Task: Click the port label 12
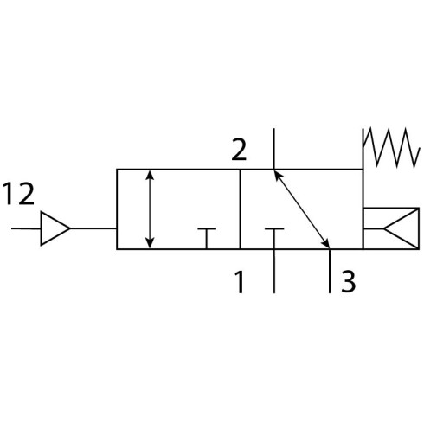click(x=19, y=194)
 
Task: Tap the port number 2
click(x=239, y=150)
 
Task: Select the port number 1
click(x=241, y=282)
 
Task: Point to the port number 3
click(x=348, y=281)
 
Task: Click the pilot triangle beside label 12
click(x=55, y=228)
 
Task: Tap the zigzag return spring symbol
click(x=391, y=147)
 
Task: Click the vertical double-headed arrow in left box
click(x=150, y=209)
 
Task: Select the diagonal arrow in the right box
click(x=301, y=209)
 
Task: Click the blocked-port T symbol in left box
click(x=207, y=239)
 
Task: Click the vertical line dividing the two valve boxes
click(x=240, y=209)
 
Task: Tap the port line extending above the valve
click(x=274, y=149)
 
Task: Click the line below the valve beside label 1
click(x=274, y=271)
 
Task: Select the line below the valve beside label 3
click(x=330, y=271)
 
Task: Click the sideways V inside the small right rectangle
click(x=401, y=228)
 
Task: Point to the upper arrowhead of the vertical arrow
click(x=150, y=174)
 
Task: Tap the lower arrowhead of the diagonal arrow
click(x=326, y=243)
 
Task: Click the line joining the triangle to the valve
click(x=93, y=228)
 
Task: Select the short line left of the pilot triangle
click(x=26, y=228)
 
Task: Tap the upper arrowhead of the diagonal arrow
click(x=277, y=175)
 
